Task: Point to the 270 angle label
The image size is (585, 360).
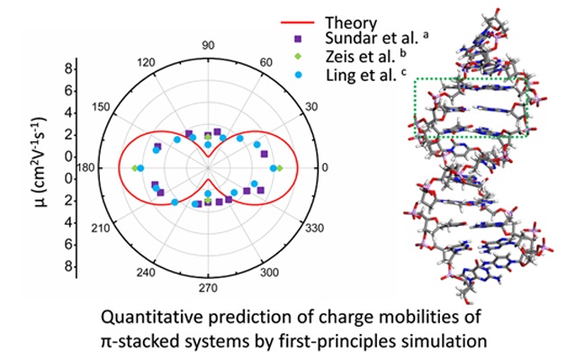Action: click(207, 290)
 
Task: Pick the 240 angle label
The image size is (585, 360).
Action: click(146, 273)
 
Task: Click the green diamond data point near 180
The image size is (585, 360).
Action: click(135, 168)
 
